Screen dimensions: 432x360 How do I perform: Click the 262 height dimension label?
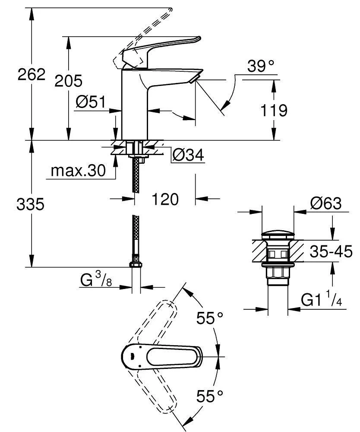(31, 75)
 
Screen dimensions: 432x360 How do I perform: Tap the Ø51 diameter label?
(91, 102)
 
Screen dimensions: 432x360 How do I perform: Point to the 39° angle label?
(261, 66)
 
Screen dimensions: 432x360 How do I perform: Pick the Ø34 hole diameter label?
(188, 155)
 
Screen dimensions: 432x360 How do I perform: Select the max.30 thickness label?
(78, 171)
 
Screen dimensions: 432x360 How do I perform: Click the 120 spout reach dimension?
(165, 200)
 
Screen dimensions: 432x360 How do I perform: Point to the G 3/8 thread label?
(96, 281)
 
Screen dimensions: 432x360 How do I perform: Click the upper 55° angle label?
(210, 318)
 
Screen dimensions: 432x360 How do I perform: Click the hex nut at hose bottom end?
(136, 264)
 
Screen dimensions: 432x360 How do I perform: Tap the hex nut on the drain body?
(278, 273)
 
